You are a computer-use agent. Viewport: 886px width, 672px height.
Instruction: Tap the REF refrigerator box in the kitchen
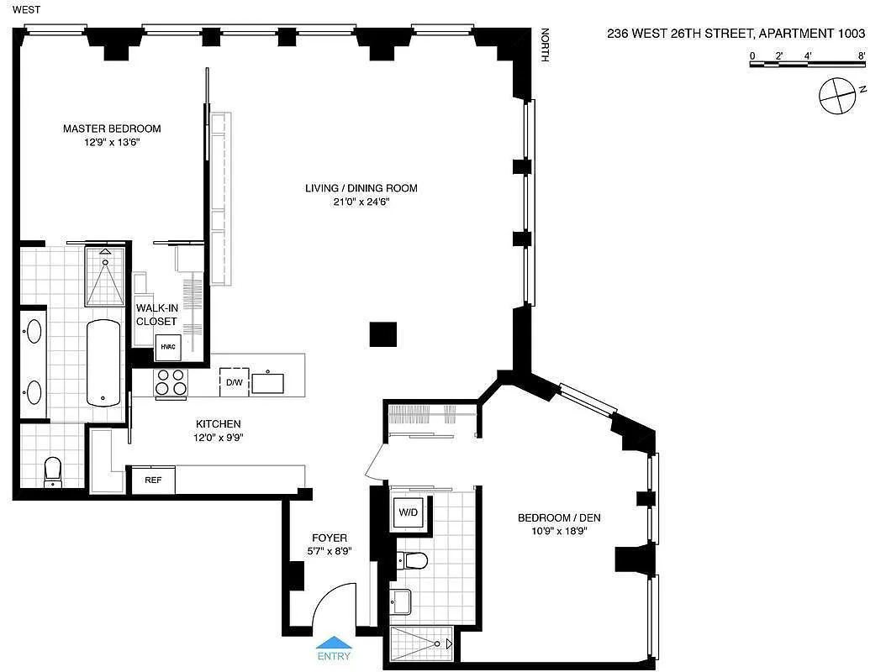pos(153,480)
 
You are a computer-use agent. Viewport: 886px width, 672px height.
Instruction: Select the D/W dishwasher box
pos(235,382)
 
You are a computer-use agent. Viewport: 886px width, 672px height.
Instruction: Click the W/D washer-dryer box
pos(409,512)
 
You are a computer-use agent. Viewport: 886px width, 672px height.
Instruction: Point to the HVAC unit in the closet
pos(168,347)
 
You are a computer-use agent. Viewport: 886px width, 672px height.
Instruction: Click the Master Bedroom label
pos(112,129)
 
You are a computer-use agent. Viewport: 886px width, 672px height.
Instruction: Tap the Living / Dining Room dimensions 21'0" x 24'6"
pos(361,202)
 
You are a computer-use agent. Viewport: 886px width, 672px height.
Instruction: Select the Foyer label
pos(330,538)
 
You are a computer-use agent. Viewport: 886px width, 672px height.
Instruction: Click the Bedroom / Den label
pos(559,517)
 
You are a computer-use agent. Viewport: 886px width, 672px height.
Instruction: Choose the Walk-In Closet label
pos(156,314)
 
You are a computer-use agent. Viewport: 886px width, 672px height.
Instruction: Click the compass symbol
pos(837,96)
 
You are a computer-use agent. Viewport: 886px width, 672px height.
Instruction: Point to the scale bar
pos(808,64)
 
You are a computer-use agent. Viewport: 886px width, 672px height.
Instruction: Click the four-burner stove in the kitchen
pos(171,381)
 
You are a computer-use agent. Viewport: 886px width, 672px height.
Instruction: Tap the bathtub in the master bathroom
pos(103,363)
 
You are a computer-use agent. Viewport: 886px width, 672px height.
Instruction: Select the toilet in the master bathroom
pos(53,471)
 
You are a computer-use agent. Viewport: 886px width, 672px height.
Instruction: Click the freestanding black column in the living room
pos(383,334)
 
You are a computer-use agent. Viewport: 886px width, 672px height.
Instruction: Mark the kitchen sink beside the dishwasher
pos(268,383)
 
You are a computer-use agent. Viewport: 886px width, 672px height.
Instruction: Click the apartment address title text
pos(736,34)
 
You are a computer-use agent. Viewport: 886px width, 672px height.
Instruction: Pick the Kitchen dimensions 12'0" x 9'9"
pos(219,437)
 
